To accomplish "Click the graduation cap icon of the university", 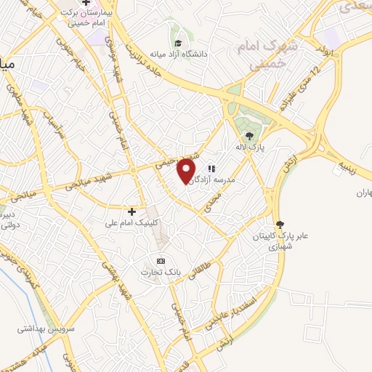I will (x=177, y=42).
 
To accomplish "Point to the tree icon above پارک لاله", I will (x=249, y=136).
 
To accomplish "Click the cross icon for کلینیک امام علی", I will (x=132, y=211).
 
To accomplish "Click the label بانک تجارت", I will (x=161, y=272).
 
